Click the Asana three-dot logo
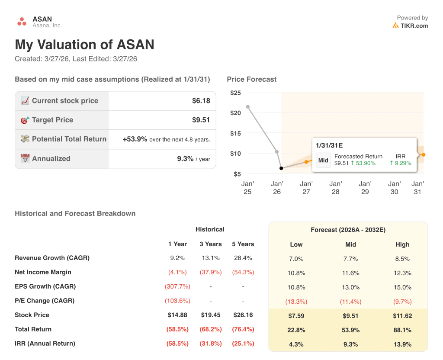tap(22, 22)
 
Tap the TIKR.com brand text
tap(414, 26)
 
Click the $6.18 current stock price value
tap(201, 101)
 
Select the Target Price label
tap(52, 120)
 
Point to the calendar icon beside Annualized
tap(25, 158)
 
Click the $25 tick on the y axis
tap(235, 93)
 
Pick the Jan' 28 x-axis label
tap(335, 188)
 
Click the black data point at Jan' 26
tap(281, 168)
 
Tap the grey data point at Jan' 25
tap(247, 106)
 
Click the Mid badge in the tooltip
tap(323, 160)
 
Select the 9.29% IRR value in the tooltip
tap(402, 163)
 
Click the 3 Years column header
tap(211, 244)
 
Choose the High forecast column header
tap(402, 244)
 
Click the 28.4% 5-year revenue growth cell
tap(243, 258)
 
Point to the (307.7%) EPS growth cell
tap(177, 286)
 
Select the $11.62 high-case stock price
tap(402, 316)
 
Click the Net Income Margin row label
tap(43, 272)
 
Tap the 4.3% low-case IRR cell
tap(296, 344)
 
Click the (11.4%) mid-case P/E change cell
tap(350, 302)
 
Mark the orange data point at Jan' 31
tap(424, 154)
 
